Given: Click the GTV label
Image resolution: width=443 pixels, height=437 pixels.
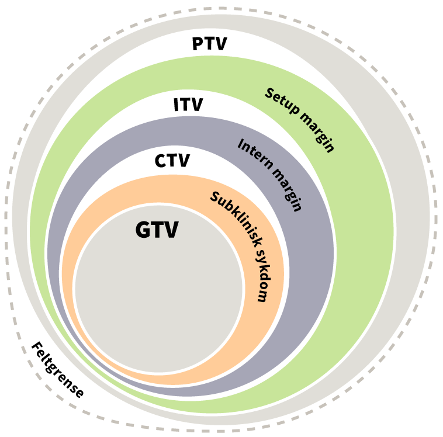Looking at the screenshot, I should [157, 230].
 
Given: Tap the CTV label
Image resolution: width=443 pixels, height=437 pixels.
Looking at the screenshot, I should [172, 161].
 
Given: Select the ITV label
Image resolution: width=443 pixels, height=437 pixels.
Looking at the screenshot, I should [188, 105].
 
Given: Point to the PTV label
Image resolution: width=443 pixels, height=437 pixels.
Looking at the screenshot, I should [209, 44].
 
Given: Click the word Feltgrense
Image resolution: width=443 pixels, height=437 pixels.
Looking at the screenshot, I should [57, 370].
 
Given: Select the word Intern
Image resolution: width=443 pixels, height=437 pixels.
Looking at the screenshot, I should [254, 153].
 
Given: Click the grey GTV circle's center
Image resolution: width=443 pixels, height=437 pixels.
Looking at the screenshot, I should [159, 289].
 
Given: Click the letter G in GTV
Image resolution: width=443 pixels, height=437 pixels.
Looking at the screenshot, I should [143, 230].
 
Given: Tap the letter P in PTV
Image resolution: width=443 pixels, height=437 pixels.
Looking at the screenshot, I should [198, 44].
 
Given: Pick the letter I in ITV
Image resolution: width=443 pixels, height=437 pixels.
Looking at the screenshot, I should [176, 105].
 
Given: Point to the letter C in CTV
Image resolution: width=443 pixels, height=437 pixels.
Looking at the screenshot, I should [161, 161].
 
